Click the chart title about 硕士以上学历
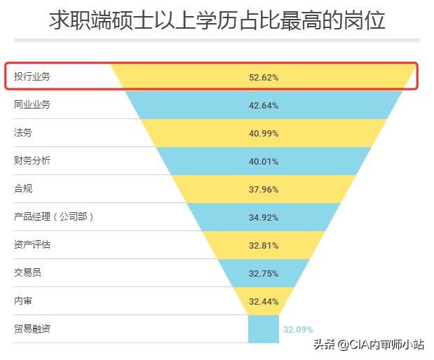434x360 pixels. click(217, 20)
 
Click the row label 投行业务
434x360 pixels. click(32, 76)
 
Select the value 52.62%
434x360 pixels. click(264, 77)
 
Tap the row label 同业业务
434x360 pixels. click(32, 104)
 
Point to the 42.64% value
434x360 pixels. click(264, 106)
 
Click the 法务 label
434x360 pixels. click(23, 132)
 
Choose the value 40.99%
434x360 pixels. click(264, 134)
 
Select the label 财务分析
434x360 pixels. click(32, 160)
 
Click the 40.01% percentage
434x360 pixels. click(264, 162)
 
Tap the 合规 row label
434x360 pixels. click(23, 188)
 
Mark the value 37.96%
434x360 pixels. click(264, 190)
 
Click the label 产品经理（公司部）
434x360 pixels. click(54, 216)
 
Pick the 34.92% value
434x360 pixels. click(264, 218)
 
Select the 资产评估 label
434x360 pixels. click(32, 244)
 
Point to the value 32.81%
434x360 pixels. click(264, 246)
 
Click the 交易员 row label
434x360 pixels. click(28, 272)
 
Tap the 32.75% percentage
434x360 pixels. click(264, 274)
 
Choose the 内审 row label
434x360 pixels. click(23, 300)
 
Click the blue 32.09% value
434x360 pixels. click(298, 329)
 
